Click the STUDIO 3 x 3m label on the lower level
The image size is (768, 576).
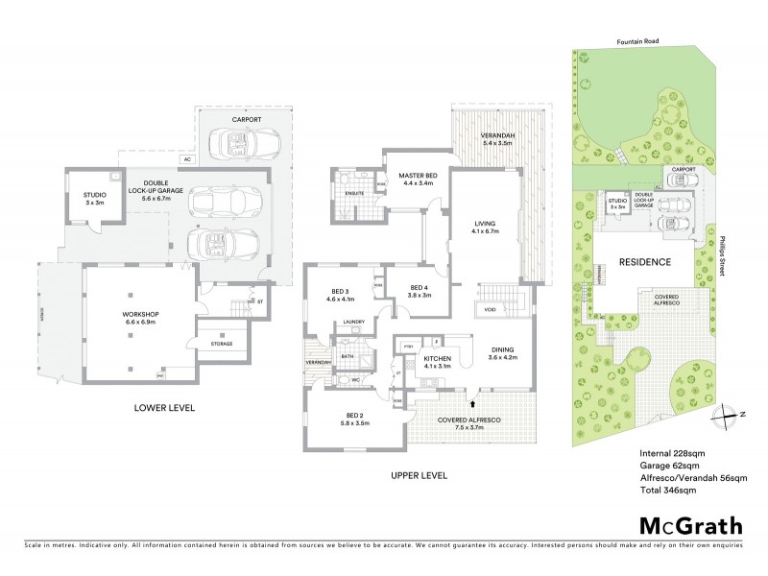tap(94, 199)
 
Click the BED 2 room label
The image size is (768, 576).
tap(349, 418)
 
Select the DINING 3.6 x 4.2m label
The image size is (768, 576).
tap(502, 353)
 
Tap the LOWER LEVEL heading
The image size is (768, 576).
tap(164, 408)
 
